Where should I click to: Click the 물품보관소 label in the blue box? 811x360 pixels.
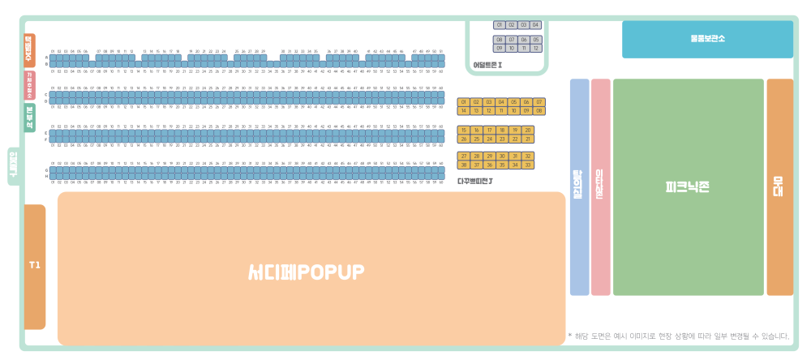707,38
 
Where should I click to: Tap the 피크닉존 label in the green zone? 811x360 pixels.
688,186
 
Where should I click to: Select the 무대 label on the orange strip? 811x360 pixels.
779,186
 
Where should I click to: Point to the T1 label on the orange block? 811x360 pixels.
34,265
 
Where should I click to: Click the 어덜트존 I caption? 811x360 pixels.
487,65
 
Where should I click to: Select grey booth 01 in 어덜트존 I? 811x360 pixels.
500,25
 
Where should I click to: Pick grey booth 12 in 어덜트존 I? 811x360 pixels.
536,49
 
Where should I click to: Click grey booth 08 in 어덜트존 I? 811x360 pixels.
500,40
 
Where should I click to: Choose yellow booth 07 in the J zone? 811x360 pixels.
540,102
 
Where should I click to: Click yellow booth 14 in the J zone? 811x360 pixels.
464,110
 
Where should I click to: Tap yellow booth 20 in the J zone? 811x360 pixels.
528,130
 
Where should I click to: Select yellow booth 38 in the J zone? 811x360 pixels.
464,165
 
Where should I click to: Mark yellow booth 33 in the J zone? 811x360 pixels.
528,165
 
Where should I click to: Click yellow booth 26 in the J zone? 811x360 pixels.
464,139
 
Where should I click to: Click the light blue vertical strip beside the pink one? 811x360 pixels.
580,186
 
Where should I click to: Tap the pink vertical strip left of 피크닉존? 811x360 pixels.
601,186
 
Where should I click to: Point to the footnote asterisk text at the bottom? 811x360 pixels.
678,336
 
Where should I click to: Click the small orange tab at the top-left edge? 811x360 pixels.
29,50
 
